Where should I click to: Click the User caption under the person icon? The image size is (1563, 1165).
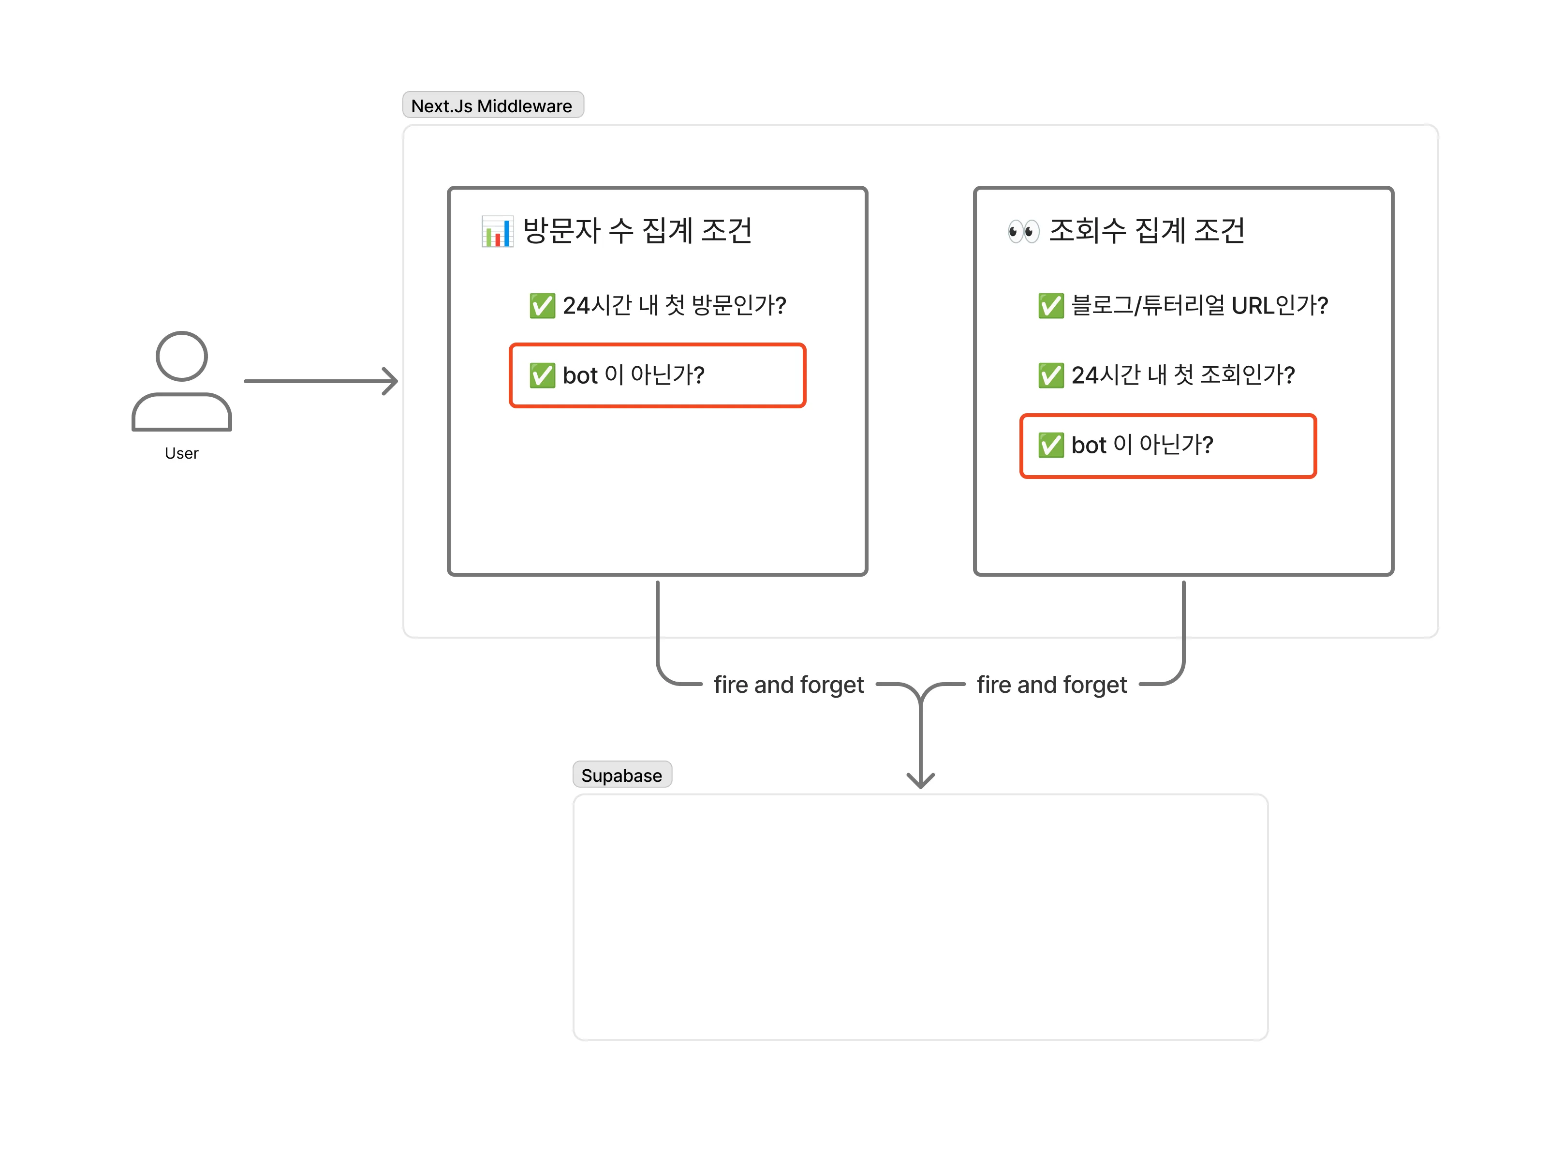point(181,453)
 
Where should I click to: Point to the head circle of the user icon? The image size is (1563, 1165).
point(181,356)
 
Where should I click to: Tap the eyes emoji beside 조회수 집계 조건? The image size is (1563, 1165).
point(1023,231)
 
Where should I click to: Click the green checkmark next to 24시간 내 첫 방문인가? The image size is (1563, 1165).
point(542,305)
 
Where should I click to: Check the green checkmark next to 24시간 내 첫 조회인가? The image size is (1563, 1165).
point(1050,375)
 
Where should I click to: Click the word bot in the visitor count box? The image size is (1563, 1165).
point(579,375)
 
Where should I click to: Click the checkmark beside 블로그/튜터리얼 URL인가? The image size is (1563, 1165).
point(1050,305)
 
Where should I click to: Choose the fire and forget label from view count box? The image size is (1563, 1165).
point(1051,684)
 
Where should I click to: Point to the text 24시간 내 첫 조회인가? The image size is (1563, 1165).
point(1182,375)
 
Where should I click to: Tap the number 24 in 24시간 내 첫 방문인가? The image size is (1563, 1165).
point(575,305)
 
